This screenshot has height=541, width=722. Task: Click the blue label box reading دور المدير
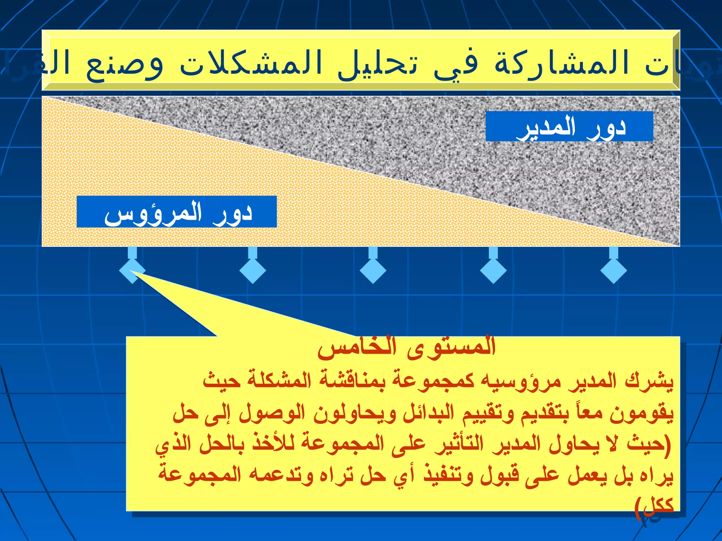coord(569,126)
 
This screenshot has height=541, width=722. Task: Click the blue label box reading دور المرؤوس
coord(177,212)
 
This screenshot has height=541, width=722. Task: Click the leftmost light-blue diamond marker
coord(132,270)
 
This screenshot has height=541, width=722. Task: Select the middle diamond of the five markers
coord(373,270)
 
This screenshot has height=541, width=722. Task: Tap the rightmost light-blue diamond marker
coord(613,270)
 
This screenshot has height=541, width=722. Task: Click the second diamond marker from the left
coord(252,270)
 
